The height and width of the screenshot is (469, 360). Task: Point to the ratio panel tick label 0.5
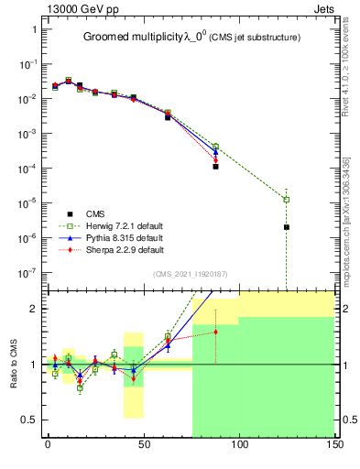tap(29, 420)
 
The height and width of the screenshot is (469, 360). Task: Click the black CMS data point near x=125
tap(287, 227)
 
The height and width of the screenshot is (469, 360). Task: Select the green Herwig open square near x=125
tap(287, 200)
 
